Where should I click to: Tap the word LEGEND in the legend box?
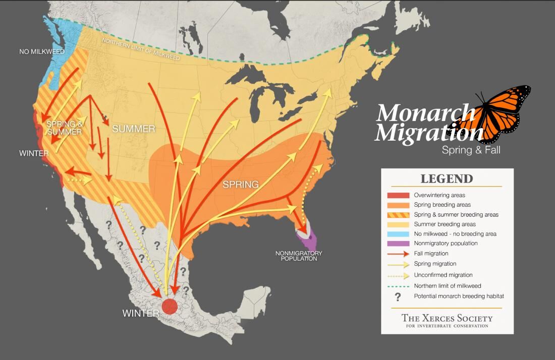tap(447, 179)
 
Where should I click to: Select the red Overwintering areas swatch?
tap(398, 195)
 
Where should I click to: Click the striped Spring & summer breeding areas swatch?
tap(398, 215)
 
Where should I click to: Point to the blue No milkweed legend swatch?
tap(398, 234)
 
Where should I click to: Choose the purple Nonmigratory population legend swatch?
tap(398, 244)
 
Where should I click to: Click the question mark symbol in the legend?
tap(398, 296)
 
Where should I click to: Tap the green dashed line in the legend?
tap(398, 286)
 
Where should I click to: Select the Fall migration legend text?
tap(431, 254)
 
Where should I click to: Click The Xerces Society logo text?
tap(447, 319)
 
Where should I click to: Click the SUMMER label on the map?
tap(133, 129)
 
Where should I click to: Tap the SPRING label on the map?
tap(241, 185)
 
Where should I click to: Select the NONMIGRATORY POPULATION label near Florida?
tap(299, 256)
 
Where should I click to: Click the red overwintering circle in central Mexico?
tap(170, 306)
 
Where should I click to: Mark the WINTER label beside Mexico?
tap(141, 313)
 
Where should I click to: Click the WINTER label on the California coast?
tap(34, 153)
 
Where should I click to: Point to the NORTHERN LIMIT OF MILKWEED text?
tap(141, 49)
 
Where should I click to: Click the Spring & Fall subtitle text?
tap(471, 150)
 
